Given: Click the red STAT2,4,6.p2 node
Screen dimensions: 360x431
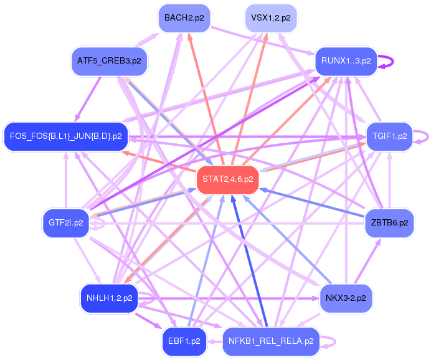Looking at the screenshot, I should pos(227,179).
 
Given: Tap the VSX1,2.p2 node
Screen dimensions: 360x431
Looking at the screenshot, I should pos(271,18).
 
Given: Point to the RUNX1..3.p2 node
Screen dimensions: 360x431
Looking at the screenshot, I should pos(346,61).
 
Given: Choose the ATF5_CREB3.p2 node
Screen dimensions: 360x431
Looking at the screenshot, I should pos(109,61).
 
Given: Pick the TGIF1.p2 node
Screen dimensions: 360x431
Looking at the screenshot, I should pos(390,136).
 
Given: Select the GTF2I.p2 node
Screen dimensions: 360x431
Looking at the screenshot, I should pos(65,222).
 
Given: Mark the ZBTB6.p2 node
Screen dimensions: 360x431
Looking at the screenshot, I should pos(389,222).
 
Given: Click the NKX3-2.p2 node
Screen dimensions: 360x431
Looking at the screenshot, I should pos(346,298).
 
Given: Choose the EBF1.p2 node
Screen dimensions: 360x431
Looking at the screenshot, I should pos(183,341).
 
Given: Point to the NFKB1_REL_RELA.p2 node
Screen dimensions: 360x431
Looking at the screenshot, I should pos(270,341).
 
